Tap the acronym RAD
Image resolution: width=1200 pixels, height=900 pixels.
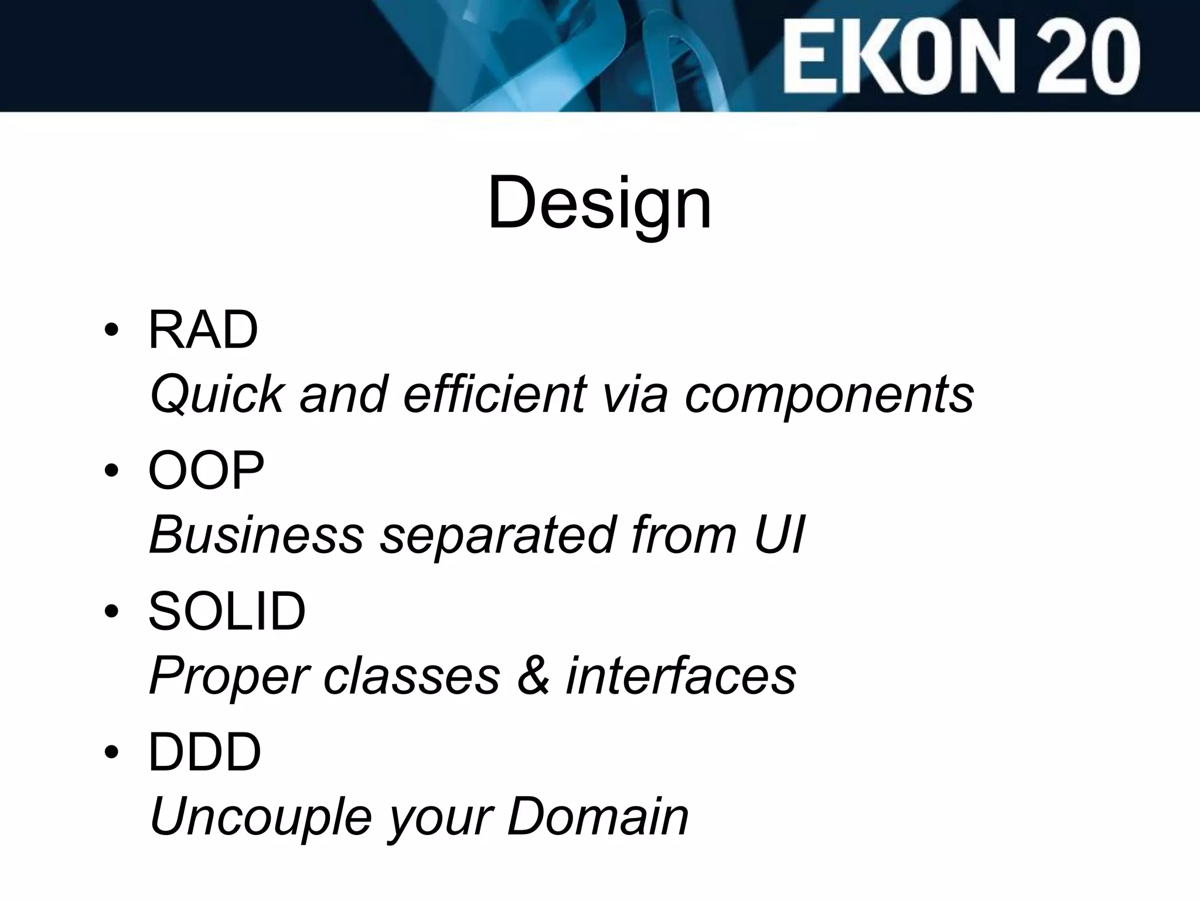[203, 330]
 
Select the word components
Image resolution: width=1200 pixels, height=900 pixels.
[829, 394]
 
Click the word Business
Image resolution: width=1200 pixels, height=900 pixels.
[257, 534]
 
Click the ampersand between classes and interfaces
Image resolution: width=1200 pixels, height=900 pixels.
[533, 676]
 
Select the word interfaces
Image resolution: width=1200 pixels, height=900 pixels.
[681, 676]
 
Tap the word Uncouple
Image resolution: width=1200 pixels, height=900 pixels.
[261, 817]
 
